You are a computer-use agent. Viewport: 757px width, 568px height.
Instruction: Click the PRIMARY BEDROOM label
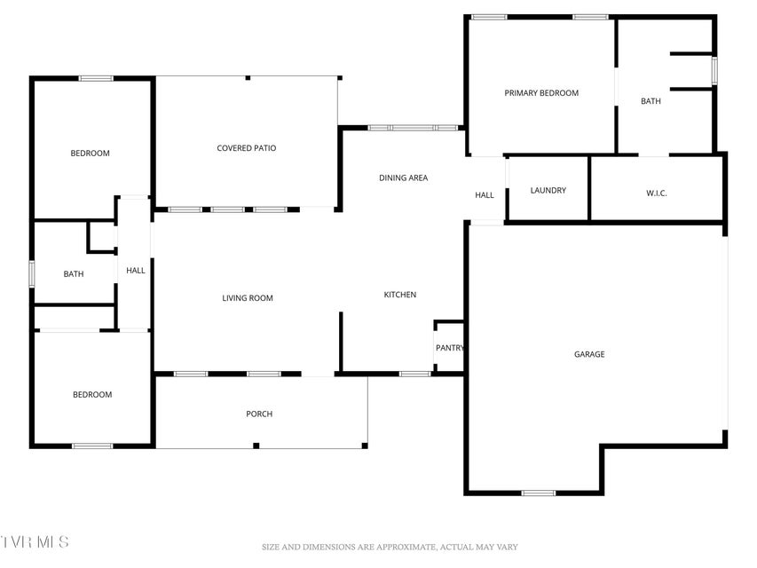[541, 92]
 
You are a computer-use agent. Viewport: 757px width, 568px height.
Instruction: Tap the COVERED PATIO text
[246, 148]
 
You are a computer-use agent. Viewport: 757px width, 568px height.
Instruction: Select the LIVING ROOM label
[248, 298]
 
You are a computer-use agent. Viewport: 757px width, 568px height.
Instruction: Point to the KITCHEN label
[399, 295]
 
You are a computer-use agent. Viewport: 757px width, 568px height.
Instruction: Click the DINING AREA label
[403, 177]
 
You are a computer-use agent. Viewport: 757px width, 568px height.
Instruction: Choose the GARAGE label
[589, 354]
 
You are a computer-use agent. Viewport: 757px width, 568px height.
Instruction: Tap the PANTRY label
[450, 348]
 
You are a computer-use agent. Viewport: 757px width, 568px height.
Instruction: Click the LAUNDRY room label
[548, 190]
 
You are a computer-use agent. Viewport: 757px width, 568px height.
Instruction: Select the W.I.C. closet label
[656, 193]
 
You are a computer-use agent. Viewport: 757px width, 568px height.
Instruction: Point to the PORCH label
[259, 414]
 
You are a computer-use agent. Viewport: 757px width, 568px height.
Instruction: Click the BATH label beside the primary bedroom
[651, 101]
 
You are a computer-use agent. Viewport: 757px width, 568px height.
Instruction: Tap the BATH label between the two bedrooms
[74, 274]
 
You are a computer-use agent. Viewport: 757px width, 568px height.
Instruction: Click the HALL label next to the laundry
[485, 195]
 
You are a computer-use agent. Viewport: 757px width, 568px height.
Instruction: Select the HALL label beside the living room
[136, 271]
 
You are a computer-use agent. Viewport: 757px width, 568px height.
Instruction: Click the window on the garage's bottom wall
[539, 493]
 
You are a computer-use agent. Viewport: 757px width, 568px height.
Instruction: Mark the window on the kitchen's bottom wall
[415, 374]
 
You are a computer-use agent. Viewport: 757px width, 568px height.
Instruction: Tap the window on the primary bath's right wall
[714, 71]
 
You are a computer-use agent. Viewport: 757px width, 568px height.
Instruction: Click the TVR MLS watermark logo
[35, 541]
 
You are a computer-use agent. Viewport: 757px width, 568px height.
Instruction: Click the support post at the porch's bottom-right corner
[365, 446]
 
